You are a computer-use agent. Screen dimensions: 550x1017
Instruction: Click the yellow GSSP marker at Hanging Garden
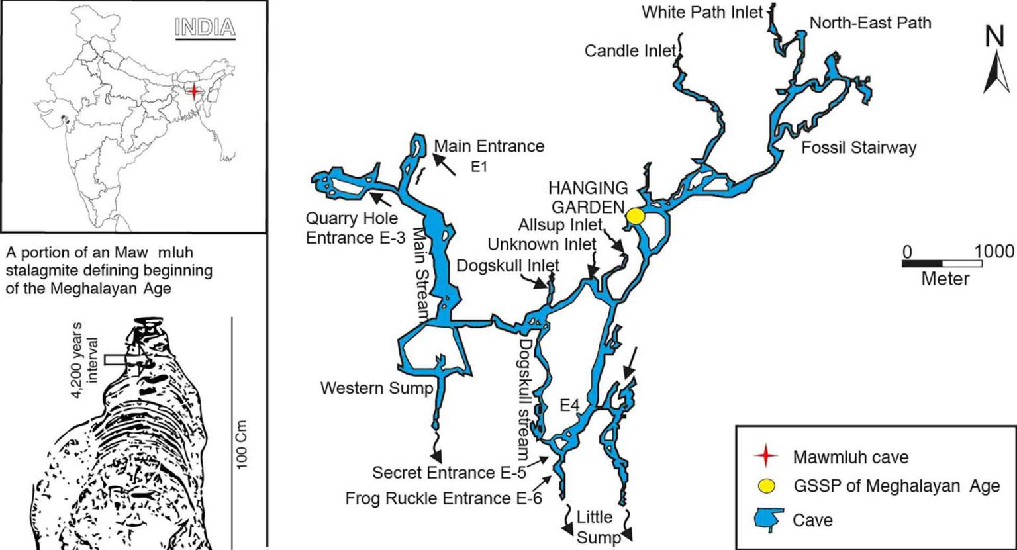[x=636, y=216]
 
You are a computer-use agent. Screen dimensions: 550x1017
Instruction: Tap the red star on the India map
[x=193, y=91]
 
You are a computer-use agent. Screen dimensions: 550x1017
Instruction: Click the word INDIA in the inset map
[x=205, y=27]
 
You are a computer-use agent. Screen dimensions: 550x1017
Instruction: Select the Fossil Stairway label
[x=859, y=147]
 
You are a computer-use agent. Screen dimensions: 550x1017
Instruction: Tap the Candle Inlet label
[x=630, y=51]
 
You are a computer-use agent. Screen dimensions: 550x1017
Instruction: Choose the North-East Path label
[x=871, y=23]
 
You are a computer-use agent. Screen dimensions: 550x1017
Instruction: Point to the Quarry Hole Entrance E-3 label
[x=355, y=227]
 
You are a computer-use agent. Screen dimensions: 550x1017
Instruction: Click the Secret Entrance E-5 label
[x=456, y=473]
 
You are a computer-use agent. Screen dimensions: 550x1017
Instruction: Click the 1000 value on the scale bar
[x=994, y=252]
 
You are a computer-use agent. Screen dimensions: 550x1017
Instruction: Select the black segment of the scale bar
[x=922, y=264]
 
